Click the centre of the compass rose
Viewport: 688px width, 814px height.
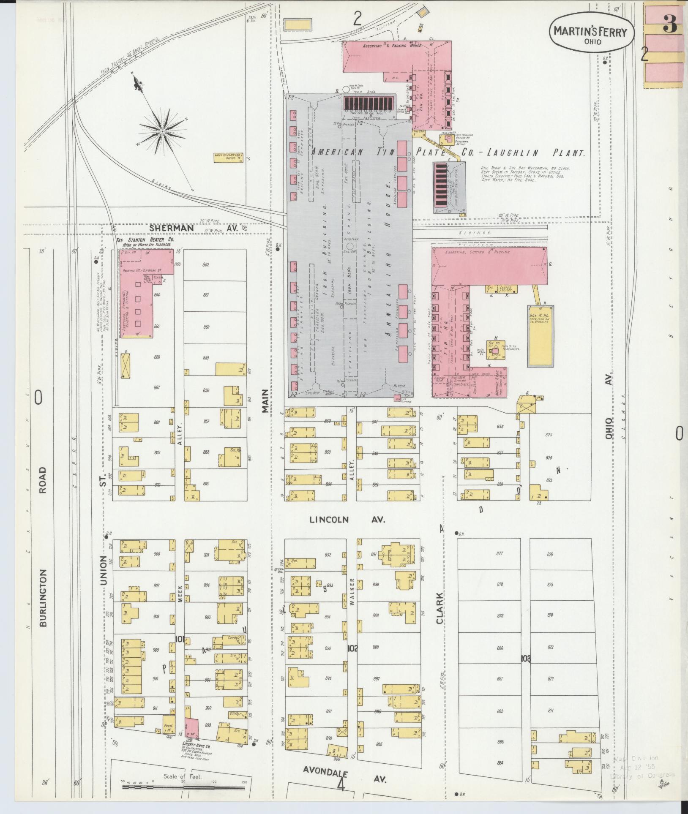pos(162,132)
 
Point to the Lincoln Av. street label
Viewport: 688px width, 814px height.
pos(348,520)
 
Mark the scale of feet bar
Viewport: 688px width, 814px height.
pos(184,787)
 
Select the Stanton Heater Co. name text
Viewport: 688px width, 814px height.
pos(144,240)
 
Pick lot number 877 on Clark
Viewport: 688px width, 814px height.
pos(500,554)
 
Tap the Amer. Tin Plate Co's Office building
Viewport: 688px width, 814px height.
pos(228,158)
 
